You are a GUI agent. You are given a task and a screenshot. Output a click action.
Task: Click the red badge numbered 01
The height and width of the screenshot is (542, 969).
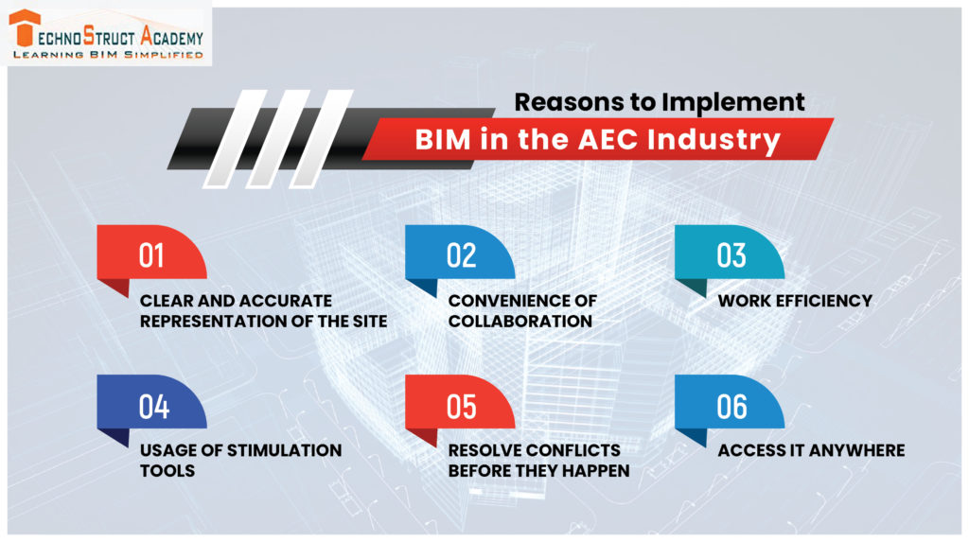click(x=151, y=254)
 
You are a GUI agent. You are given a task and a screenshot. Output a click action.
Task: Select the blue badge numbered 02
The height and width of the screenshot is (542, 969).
click(x=460, y=254)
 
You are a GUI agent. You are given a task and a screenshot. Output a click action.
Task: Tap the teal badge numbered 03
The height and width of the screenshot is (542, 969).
click(x=730, y=254)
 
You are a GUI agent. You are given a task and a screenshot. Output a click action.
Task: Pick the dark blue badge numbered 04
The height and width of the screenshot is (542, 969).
click(x=151, y=405)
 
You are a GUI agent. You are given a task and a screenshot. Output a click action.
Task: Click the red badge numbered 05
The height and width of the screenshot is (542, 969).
click(x=460, y=405)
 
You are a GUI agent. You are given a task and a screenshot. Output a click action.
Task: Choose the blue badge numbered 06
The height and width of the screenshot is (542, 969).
click(x=730, y=405)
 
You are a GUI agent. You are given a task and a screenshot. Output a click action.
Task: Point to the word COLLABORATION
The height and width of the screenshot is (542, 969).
click(x=520, y=321)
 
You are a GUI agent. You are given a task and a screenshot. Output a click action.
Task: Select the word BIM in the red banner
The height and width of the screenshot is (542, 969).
click(x=442, y=140)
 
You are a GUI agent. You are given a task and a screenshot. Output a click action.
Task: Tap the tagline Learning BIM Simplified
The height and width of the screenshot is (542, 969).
click(x=107, y=55)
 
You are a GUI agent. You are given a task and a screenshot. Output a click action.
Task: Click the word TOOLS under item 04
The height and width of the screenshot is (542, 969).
click(x=168, y=470)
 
